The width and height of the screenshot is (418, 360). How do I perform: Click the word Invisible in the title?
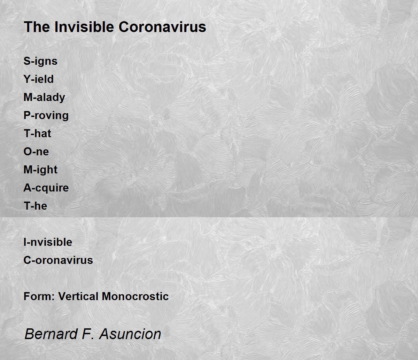tap(84, 27)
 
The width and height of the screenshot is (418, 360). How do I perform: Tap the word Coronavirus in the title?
tap(162, 27)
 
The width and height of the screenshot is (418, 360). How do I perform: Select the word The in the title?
tap(37, 27)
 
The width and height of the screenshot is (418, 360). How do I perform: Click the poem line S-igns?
tap(40, 61)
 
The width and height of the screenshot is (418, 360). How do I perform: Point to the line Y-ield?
tap(39, 79)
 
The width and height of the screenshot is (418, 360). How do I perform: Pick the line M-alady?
tap(44, 97)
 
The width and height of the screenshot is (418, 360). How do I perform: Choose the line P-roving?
tap(46, 116)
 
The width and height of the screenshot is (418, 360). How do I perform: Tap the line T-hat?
tap(37, 133)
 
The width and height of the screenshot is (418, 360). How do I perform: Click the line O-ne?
tap(36, 151)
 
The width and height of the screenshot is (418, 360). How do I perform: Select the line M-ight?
tap(40, 170)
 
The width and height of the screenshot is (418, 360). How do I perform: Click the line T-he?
tap(36, 206)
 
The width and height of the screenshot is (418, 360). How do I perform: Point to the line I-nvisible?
tap(48, 242)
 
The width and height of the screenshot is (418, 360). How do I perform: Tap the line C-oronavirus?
tap(58, 260)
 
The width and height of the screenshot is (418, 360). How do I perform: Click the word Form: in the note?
tap(39, 297)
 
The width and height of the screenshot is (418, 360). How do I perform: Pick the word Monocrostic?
tap(135, 297)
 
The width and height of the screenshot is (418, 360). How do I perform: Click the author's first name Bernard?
tap(51, 334)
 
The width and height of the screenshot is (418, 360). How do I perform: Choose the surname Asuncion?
tap(130, 334)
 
